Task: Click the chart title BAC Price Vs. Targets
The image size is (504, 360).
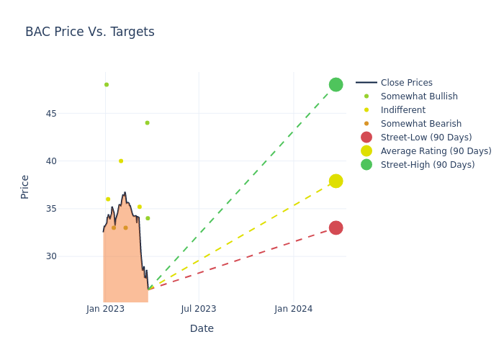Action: click(x=90, y=32)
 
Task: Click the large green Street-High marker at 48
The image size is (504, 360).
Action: click(x=336, y=85)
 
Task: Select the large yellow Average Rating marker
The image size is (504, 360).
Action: click(x=336, y=181)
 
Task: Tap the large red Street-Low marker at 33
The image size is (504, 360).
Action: click(x=336, y=228)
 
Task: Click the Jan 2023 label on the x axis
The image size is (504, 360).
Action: click(x=105, y=309)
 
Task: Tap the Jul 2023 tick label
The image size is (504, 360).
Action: click(x=199, y=309)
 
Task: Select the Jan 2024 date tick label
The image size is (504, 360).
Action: click(x=294, y=309)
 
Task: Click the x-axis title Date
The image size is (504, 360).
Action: click(x=202, y=328)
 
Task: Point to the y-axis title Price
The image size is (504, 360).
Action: click(x=25, y=186)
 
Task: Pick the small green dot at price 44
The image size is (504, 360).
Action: click(x=147, y=123)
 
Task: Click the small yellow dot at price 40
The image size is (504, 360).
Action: click(x=121, y=161)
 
